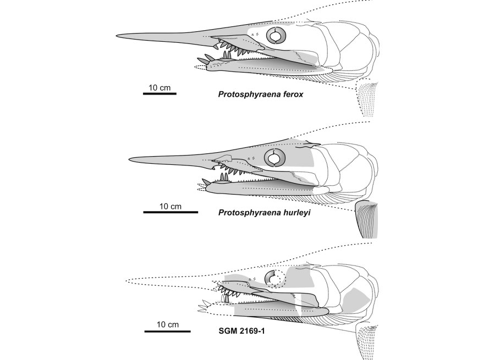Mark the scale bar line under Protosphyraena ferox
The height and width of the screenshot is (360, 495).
(x=159, y=93)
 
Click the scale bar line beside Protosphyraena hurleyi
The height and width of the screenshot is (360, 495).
(x=170, y=212)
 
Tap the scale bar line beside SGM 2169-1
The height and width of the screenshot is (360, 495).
(x=167, y=331)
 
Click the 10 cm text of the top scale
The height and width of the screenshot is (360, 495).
(x=159, y=87)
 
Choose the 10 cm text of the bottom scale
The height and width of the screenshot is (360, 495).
(x=168, y=324)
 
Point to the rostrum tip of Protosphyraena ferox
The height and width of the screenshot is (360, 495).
(x=117, y=35)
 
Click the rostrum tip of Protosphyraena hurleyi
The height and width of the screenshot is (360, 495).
(x=129, y=159)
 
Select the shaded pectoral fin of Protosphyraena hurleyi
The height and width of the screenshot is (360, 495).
(x=367, y=219)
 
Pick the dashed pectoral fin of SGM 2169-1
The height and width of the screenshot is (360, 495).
(x=367, y=341)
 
